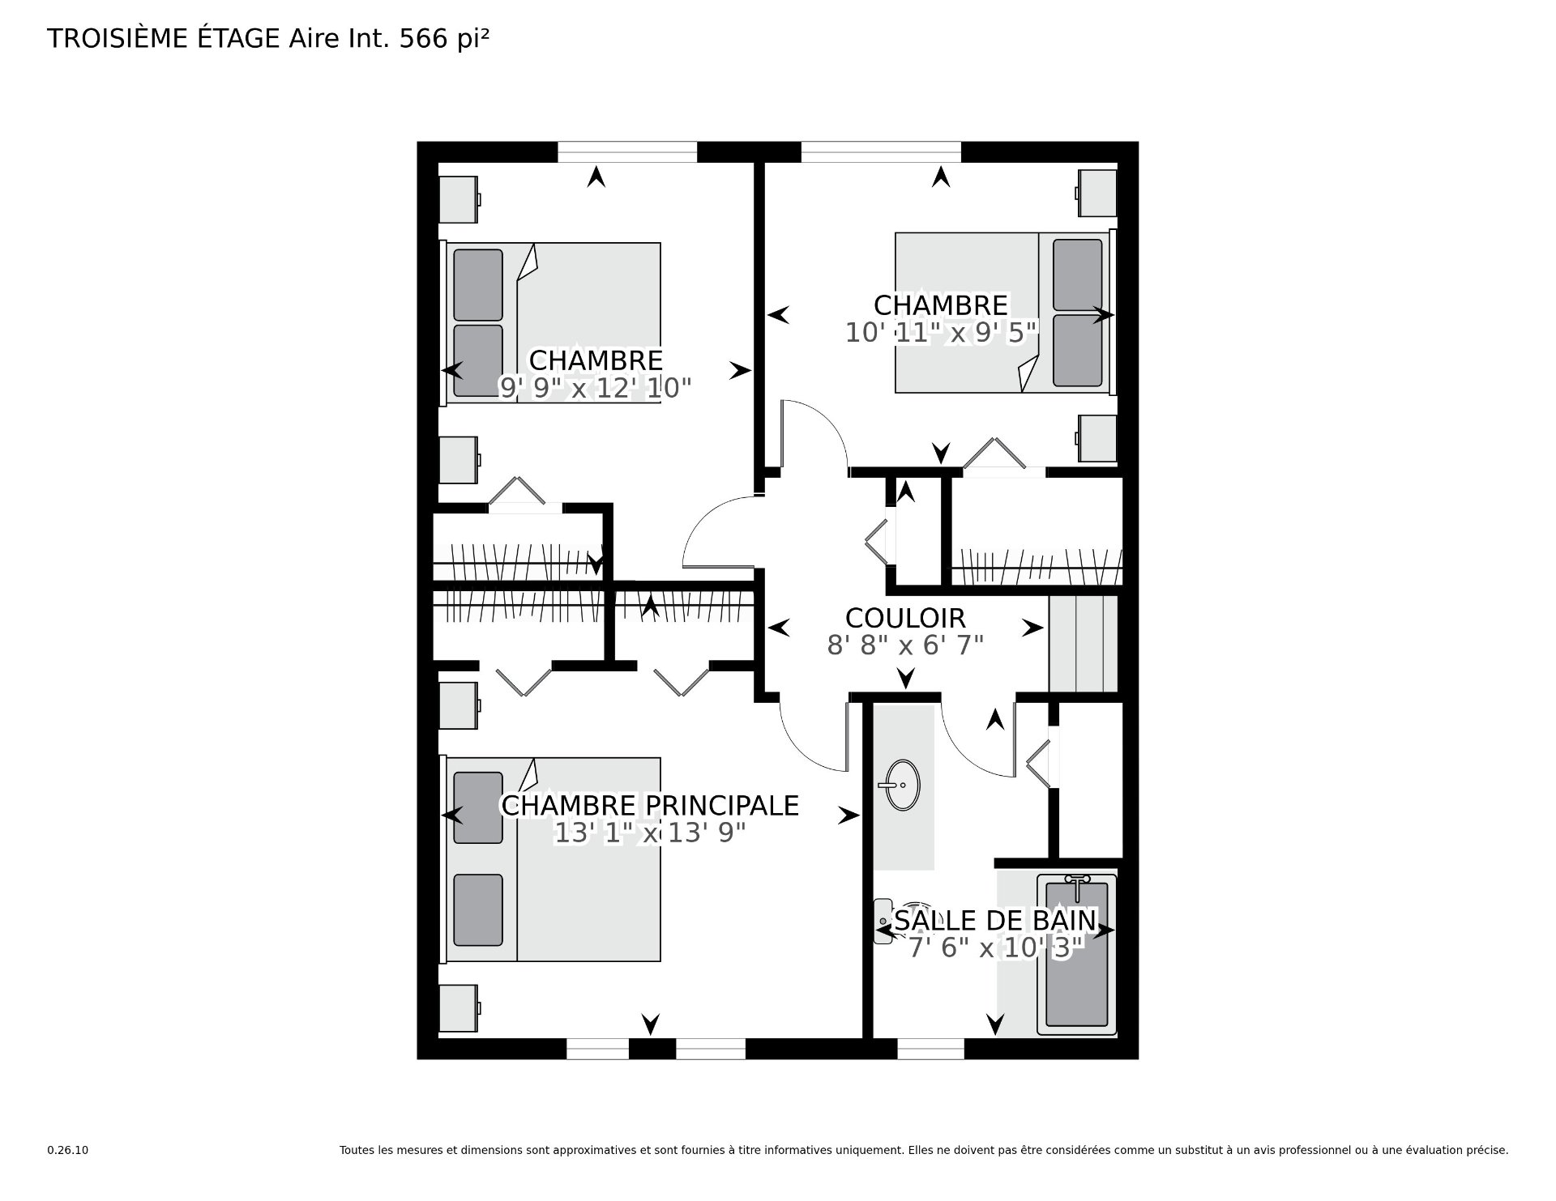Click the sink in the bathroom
[x=902, y=785]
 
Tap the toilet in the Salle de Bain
[x=885, y=922]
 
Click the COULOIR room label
[x=905, y=618]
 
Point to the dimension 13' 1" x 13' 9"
[x=649, y=833]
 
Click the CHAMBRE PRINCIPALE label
[x=650, y=805]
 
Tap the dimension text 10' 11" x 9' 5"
[x=941, y=332]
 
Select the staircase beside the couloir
[x=1084, y=644]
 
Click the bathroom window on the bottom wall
[x=930, y=1049]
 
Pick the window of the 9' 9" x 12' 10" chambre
[x=627, y=151]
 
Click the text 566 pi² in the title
[x=445, y=39]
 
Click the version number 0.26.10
[x=67, y=1150]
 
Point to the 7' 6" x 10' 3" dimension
[x=996, y=948]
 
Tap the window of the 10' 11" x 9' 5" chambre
[x=881, y=151]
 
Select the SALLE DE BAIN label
[x=995, y=921]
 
